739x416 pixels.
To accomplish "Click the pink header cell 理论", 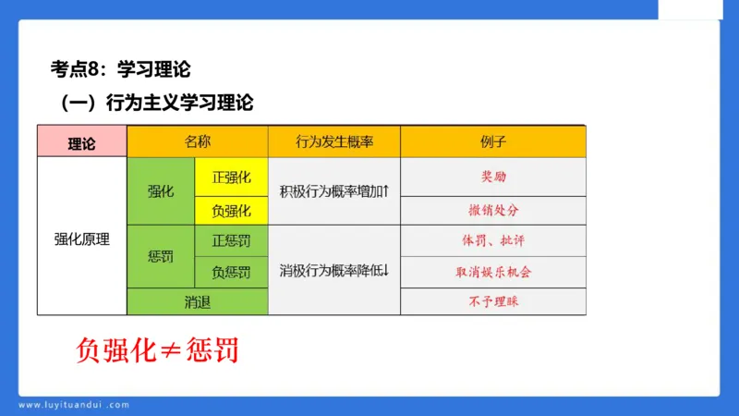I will coord(81,142).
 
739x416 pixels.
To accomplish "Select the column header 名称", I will coord(198,141).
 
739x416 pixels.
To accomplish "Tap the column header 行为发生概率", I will coord(334,141).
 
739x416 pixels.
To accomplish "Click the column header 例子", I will coord(493,141).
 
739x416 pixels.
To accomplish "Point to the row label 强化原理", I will coord(81,239).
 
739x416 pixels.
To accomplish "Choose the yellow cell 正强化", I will coord(231,176).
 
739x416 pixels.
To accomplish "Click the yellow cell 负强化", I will coord(231,210).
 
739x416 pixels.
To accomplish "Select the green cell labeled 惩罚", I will coord(161,256).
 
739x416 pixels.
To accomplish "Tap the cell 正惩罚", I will coord(231,240).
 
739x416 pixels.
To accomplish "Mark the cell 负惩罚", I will coord(231,272).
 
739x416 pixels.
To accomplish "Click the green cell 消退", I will coord(198,301).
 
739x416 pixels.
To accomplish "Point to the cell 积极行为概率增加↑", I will coord(334,191).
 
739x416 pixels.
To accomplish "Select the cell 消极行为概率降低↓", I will coord(334,271).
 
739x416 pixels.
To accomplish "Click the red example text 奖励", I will coord(493,176).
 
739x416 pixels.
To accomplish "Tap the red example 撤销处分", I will coord(493,210).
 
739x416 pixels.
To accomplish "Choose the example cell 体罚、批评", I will coord(493,240).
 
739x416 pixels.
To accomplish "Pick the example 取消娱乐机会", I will coord(493,272).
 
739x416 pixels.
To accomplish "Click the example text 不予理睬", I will coord(493,301).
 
